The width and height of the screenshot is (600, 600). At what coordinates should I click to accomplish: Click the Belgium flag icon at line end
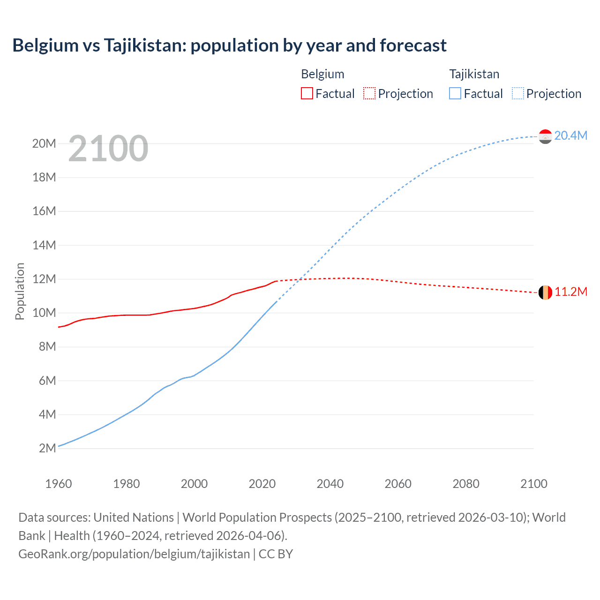point(545,292)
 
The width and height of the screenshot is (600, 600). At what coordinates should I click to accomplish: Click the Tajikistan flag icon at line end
point(545,136)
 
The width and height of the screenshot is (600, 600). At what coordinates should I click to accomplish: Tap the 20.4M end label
point(570,135)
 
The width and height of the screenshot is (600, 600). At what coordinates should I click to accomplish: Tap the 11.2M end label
point(570,292)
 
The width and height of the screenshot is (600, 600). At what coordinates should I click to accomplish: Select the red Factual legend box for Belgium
point(307,93)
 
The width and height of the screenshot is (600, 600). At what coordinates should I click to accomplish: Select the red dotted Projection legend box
point(369,93)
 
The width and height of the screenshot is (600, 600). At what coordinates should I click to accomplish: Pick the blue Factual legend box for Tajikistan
point(455,93)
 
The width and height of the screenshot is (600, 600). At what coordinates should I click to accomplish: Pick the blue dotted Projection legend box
point(518,93)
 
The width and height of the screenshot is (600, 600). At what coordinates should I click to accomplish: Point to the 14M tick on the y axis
point(44,245)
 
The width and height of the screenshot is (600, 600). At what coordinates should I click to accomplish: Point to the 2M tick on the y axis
point(47,448)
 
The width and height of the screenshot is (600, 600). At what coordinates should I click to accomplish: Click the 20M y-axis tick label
point(44,143)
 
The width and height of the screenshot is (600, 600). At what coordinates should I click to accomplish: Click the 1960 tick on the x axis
point(59,484)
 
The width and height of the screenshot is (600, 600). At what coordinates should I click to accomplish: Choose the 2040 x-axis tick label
point(330,484)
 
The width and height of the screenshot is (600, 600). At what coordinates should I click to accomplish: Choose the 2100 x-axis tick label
point(533,484)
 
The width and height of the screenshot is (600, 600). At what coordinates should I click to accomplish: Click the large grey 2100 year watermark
point(108,149)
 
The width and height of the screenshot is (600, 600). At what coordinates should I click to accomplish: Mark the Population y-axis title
point(20,291)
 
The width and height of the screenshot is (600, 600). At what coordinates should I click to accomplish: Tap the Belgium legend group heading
point(322,74)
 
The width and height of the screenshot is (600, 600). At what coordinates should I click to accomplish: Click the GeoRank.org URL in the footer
point(134,554)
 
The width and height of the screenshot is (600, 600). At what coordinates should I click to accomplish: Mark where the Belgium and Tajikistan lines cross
point(299,279)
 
